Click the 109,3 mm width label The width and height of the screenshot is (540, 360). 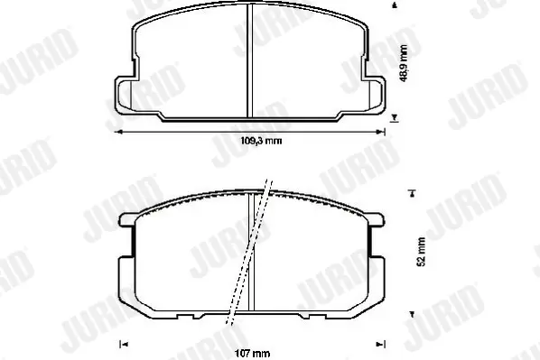pos(261,141)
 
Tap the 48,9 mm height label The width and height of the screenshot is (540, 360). pos(404,63)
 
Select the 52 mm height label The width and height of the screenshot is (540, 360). pos(421,252)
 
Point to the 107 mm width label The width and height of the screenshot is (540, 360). pos(253,353)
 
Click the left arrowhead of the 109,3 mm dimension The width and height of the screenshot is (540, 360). pos(118,132)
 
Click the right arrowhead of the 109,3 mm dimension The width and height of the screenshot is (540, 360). pos(381,132)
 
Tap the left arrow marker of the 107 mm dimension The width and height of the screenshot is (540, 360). pos(124,344)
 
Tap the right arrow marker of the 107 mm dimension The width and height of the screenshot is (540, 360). pos(380,344)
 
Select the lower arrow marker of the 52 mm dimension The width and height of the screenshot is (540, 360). pos(411,314)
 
